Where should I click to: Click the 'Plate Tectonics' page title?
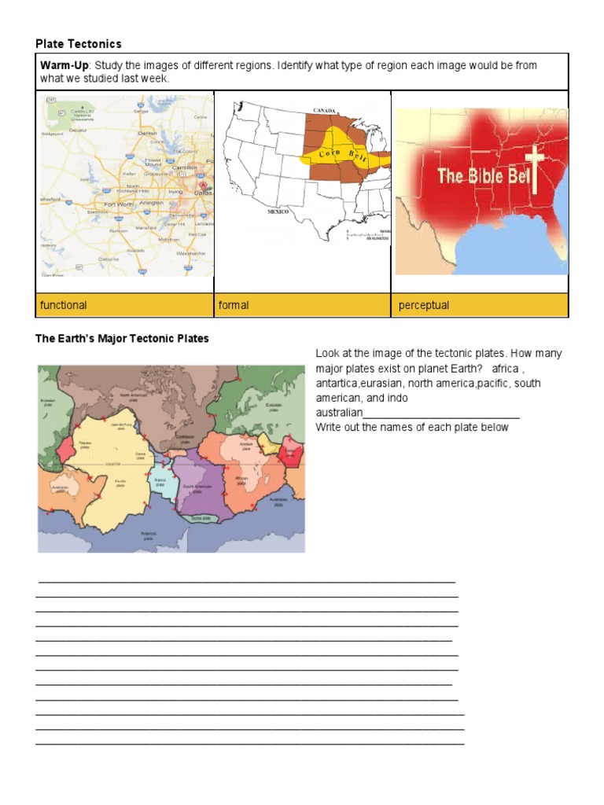[79, 43]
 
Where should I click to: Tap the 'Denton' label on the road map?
[147, 134]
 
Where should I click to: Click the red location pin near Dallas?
[203, 186]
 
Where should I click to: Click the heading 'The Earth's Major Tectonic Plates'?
[122, 339]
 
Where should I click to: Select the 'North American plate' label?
[133, 397]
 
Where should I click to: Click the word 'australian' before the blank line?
[339, 413]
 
